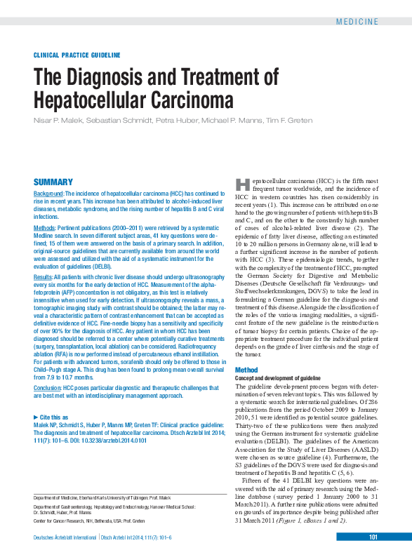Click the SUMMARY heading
[x=53, y=181]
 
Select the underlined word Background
[x=48, y=193]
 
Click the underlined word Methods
[x=45, y=229]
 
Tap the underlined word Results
[x=43, y=278]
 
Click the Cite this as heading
[x=53, y=417]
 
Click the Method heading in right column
[x=246, y=370]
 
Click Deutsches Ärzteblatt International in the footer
[x=65, y=537]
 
